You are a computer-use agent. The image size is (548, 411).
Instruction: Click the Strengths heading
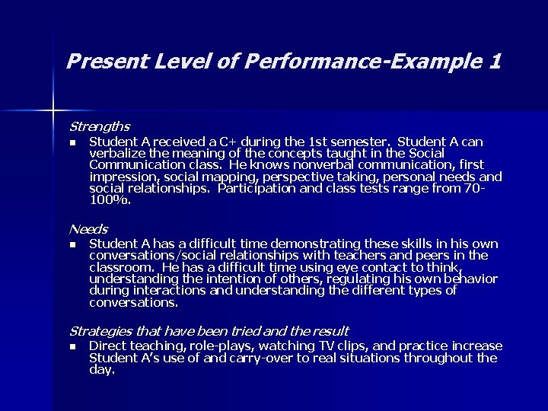(x=100, y=126)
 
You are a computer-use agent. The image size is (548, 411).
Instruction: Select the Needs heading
(x=88, y=229)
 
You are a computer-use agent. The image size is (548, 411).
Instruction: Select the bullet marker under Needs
(x=72, y=245)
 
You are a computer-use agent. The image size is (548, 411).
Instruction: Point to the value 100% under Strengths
(x=110, y=200)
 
